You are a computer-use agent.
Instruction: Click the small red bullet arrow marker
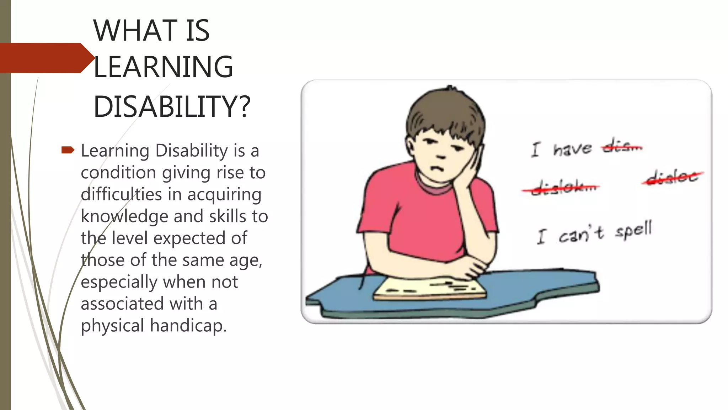tap(68, 150)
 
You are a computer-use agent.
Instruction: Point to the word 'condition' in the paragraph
tap(118, 173)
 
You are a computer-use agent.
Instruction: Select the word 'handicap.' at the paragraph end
tap(188, 326)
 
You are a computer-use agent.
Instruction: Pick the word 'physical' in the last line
tap(112, 326)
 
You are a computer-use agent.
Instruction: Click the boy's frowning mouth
tap(438, 168)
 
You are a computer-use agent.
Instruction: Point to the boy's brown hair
tap(444, 110)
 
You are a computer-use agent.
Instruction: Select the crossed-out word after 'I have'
tap(622, 146)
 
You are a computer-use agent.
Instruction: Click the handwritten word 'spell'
tap(634, 230)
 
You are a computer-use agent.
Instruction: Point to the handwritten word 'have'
tap(572, 148)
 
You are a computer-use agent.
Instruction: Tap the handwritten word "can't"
tap(581, 234)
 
